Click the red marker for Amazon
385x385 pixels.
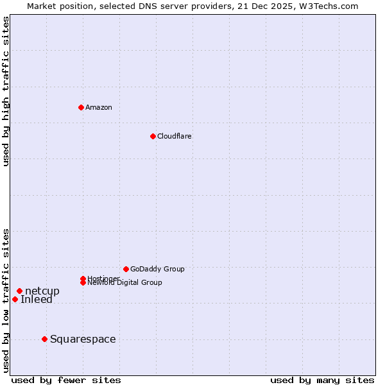(x=81, y=107)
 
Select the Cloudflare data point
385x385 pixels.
(x=153, y=136)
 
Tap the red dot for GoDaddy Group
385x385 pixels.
(x=126, y=269)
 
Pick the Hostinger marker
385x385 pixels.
(x=83, y=278)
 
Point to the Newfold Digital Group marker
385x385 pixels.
(x=83, y=282)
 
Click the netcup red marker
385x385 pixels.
(x=19, y=291)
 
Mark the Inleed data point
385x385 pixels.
(x=15, y=299)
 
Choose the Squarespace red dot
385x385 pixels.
(x=44, y=339)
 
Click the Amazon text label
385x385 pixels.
(x=99, y=107)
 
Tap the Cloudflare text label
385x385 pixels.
(x=174, y=136)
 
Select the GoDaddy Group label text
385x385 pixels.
(x=157, y=269)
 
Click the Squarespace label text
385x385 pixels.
(x=83, y=339)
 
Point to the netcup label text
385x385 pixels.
(x=42, y=291)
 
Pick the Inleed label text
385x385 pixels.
(x=37, y=300)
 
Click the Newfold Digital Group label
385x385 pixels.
(x=124, y=283)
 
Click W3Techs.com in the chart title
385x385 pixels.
(x=328, y=6)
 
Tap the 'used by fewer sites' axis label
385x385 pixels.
(x=66, y=380)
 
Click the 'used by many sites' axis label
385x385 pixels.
(x=322, y=380)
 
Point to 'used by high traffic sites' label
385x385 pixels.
(x=6, y=91)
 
